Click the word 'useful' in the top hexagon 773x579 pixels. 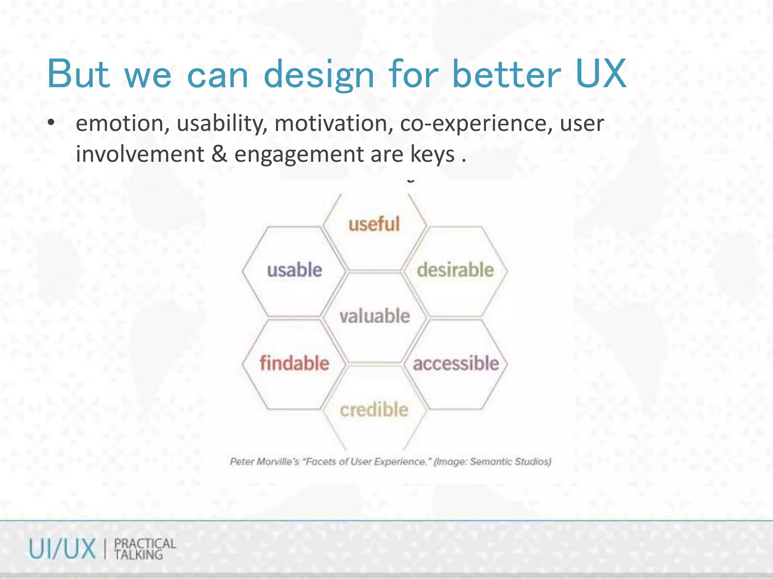click(x=374, y=224)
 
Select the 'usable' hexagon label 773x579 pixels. click(x=294, y=270)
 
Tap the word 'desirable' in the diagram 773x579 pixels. click(x=455, y=270)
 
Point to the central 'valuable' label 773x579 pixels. click(x=374, y=316)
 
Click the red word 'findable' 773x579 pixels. click(x=294, y=363)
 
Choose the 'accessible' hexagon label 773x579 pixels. click(x=456, y=363)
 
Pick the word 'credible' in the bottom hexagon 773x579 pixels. click(x=374, y=410)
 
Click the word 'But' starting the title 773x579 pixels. click(x=79, y=74)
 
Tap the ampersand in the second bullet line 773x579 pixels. click(x=219, y=154)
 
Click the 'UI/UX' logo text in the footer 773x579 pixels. click(x=62, y=549)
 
